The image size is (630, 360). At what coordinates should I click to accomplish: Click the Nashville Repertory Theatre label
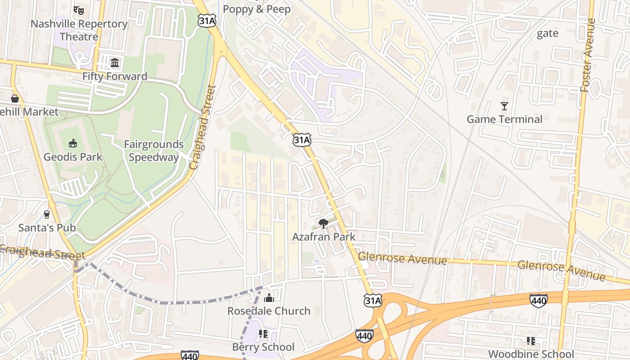79,30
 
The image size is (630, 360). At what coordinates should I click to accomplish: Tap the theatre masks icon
79,9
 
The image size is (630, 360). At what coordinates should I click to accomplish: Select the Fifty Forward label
115,76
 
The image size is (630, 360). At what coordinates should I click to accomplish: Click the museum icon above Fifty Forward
115,62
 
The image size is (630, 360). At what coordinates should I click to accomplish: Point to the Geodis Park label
73,157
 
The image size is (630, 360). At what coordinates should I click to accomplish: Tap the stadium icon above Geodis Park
72,143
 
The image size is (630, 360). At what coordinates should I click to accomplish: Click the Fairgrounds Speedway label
153,151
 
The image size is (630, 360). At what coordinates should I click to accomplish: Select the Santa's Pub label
47,228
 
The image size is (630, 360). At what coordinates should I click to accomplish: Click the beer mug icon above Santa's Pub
47,214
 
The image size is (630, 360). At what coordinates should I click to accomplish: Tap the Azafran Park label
324,237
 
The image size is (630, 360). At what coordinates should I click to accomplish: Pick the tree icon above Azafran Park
323,223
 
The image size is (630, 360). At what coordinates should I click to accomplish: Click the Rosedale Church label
269,311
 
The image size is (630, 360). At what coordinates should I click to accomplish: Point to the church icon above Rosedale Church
269,297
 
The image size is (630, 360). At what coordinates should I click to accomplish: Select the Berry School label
263,347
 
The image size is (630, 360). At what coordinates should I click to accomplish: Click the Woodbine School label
531,354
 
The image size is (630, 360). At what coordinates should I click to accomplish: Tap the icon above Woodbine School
531,341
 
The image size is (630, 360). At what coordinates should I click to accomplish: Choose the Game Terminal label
504,119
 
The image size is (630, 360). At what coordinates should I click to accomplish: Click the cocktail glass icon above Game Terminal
504,106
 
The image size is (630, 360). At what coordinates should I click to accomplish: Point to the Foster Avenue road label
588,55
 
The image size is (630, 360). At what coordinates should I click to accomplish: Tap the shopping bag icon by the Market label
15,98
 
